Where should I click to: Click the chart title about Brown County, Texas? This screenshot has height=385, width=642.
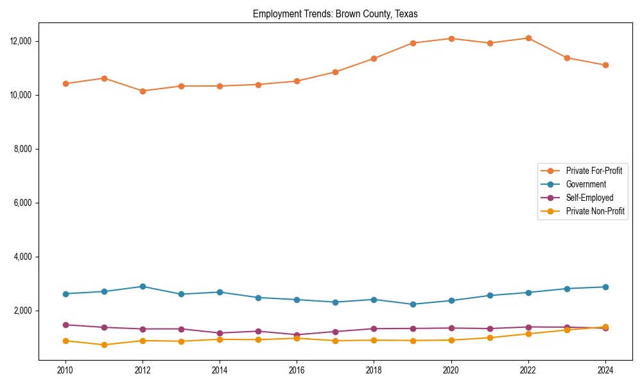(x=335, y=14)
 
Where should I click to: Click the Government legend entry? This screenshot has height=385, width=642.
(x=586, y=184)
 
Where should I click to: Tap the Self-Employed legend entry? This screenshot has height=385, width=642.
(x=589, y=198)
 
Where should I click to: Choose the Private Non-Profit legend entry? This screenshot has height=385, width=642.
(x=595, y=211)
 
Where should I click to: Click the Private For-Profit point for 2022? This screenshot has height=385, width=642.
(x=528, y=38)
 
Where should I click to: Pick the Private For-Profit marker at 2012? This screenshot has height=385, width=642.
(x=143, y=91)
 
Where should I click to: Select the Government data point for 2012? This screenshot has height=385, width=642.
(x=143, y=286)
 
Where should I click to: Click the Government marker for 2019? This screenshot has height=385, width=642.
(x=413, y=304)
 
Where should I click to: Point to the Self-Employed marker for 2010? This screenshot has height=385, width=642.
(x=65, y=325)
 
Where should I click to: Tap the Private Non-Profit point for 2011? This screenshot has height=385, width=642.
(x=104, y=345)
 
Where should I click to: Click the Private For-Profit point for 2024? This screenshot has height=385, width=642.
(x=605, y=65)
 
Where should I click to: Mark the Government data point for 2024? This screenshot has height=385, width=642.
(x=605, y=287)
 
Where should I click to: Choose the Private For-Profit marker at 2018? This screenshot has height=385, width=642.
(x=374, y=58)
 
